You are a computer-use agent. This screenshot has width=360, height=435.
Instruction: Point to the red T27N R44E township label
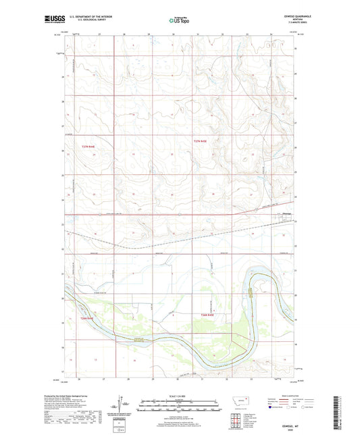pos(88,146)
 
